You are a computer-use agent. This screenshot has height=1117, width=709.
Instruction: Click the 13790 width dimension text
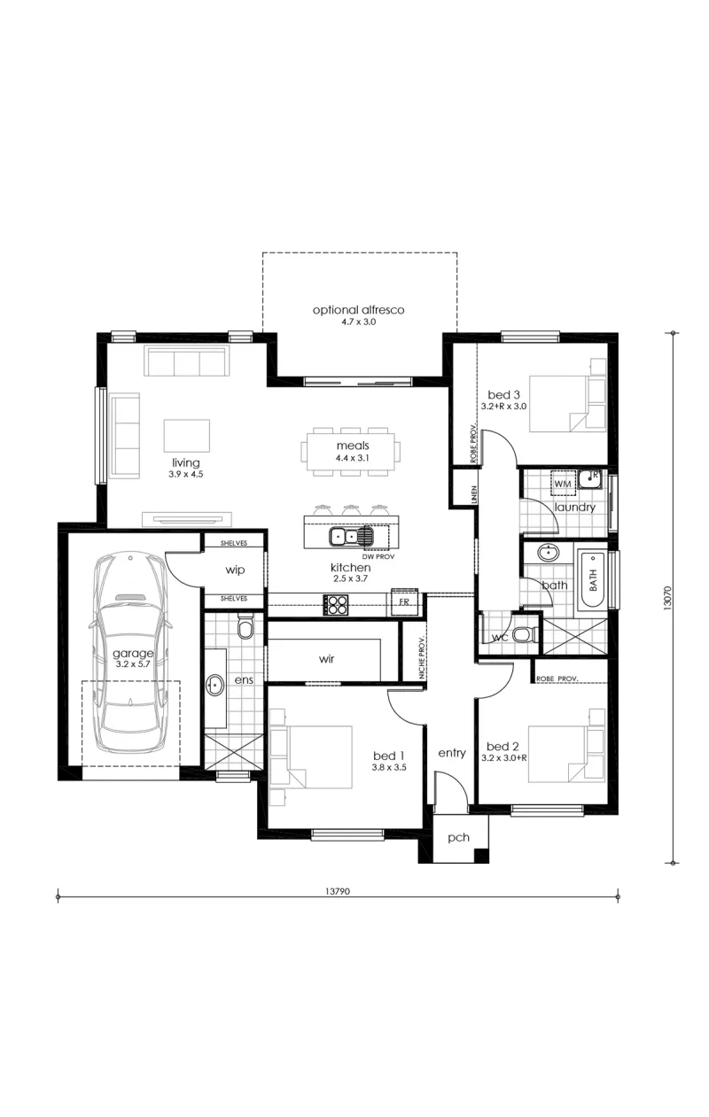point(338,891)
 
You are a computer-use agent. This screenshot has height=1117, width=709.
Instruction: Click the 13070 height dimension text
point(668,596)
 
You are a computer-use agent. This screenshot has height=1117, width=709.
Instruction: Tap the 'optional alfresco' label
point(358,310)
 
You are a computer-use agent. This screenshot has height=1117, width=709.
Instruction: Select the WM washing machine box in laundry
point(563,483)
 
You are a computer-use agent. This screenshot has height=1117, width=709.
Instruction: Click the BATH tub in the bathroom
point(591,579)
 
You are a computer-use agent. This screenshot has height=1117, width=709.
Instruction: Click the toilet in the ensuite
point(245,627)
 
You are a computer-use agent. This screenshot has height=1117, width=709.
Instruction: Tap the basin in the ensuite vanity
point(215,685)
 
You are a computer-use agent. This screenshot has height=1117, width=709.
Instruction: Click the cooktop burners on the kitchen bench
point(335,605)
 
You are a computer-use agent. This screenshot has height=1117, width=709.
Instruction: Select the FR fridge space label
point(404,601)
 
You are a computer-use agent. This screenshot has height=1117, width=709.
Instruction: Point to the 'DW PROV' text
point(378,556)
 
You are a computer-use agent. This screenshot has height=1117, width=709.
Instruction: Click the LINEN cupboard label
point(474,494)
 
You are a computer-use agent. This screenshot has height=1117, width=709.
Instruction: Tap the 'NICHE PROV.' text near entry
point(422,656)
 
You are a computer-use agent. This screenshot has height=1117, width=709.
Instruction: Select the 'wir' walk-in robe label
point(326,659)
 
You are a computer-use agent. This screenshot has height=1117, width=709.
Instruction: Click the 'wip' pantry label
point(235,570)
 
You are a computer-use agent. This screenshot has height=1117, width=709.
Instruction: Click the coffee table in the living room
point(187,435)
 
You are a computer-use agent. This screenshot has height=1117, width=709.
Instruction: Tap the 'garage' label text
point(133,653)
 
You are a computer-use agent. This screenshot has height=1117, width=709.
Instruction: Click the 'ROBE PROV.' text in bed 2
point(557,679)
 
